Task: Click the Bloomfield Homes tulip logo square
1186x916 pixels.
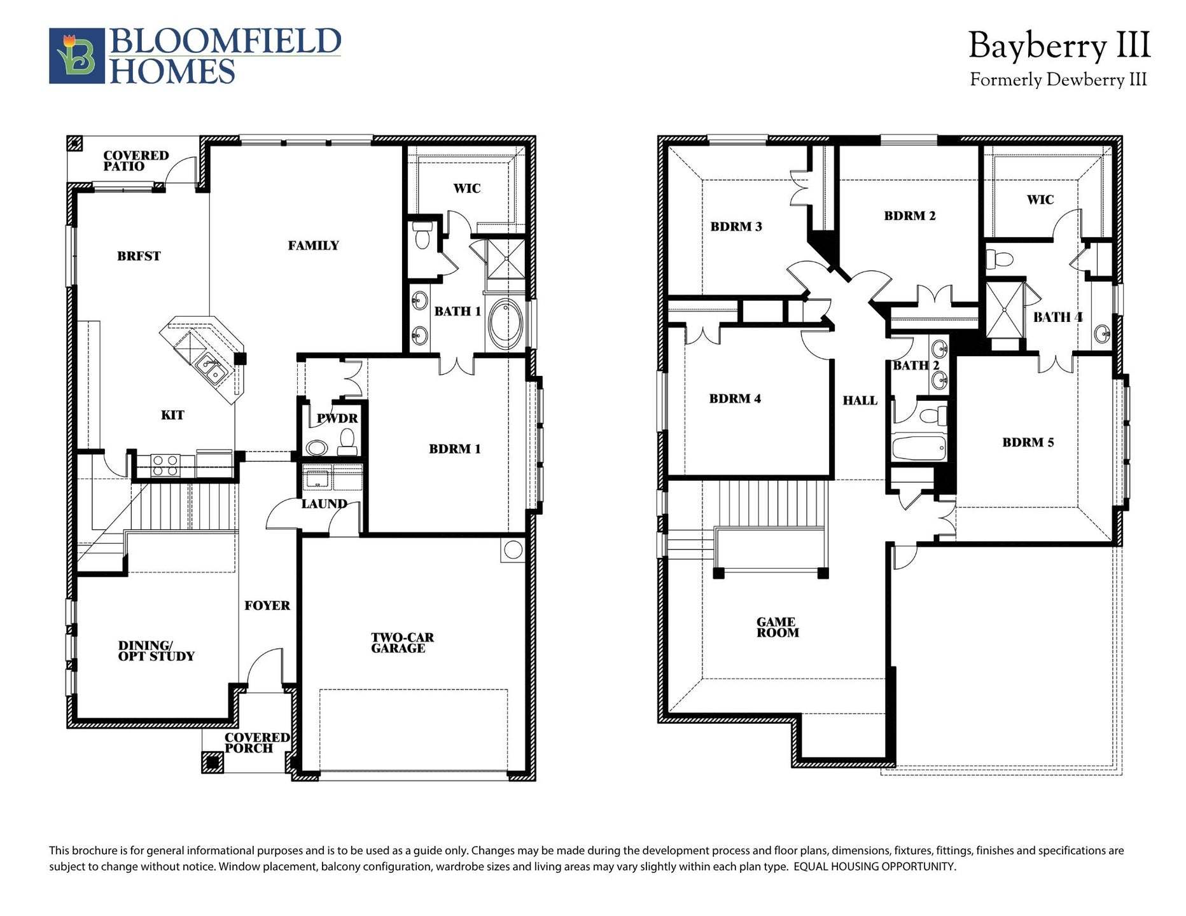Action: (77, 56)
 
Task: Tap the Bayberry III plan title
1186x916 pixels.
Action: (1059, 46)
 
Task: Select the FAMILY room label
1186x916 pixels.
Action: (313, 246)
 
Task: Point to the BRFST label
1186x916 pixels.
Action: (139, 256)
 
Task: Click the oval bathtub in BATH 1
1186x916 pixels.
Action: (506, 324)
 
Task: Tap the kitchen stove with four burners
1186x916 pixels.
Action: (165, 465)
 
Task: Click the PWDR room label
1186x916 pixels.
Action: (337, 419)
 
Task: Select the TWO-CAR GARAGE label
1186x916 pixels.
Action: (402, 642)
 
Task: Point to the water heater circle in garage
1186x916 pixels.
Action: (513, 550)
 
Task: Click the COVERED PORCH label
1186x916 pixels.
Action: (257, 742)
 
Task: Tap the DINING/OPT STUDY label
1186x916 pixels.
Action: (157, 651)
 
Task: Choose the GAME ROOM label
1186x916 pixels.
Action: (777, 627)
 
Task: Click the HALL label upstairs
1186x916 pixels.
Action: (860, 401)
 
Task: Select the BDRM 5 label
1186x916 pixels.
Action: (1028, 443)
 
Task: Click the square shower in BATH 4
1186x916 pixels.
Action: (1005, 310)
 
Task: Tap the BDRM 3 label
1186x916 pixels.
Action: (736, 226)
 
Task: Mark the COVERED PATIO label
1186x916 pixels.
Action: (136, 160)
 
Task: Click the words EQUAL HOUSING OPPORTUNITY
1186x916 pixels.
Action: (874, 866)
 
